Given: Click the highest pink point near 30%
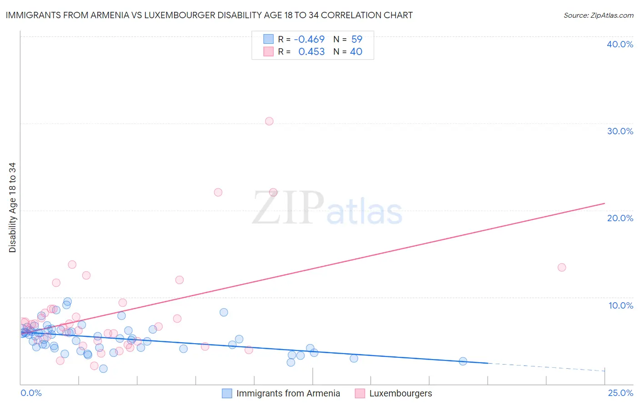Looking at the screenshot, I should click(269, 121).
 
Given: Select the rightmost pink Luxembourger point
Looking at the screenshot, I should click(562, 267).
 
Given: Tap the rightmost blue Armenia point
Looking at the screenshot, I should click(463, 361).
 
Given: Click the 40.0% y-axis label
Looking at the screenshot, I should click(620, 44).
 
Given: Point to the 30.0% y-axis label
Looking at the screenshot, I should click(620, 131).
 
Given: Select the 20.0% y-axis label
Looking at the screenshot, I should click(620, 218).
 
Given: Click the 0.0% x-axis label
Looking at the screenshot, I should click(31, 393).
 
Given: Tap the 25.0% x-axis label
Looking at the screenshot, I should click(620, 393).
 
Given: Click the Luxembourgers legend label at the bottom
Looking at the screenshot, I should click(400, 393).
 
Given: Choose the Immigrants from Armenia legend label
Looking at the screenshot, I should click(288, 393).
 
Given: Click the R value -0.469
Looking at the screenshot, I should click(309, 40).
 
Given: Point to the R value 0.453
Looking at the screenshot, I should click(311, 52).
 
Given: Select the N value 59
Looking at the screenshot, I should click(357, 40).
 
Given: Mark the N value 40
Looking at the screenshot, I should click(356, 52).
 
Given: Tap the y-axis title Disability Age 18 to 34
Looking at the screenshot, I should click(12, 208).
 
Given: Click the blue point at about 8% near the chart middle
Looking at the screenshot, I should click(224, 312).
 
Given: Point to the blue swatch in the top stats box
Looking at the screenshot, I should click(269, 39).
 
